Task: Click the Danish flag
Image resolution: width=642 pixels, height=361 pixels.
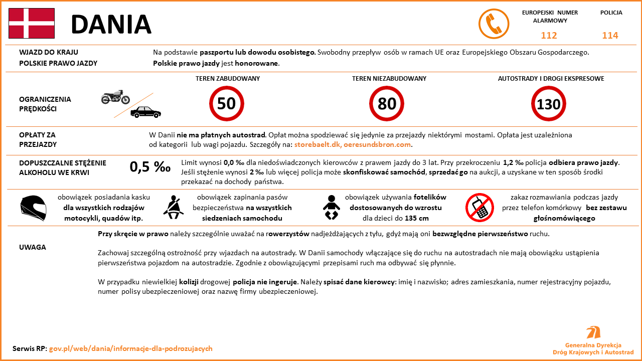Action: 31,23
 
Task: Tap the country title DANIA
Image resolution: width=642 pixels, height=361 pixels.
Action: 111,24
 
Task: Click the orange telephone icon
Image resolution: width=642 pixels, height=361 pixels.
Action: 494,24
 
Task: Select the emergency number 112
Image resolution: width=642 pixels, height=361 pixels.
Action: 549,36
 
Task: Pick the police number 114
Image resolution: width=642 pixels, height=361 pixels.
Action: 610,36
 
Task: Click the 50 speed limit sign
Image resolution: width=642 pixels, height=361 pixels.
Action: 226,104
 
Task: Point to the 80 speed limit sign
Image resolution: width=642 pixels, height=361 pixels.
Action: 387,104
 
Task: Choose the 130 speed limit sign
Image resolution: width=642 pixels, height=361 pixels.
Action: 548,104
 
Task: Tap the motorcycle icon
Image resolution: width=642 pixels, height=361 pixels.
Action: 115,97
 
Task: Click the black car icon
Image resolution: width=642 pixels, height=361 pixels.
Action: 145,112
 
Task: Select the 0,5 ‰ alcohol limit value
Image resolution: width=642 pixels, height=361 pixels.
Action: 150,167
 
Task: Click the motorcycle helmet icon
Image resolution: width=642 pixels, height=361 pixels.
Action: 33,208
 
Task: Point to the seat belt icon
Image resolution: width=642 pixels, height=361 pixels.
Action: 174,207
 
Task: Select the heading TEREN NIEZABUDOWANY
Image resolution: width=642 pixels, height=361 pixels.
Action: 389,79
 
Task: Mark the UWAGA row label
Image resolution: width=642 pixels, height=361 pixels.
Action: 33,247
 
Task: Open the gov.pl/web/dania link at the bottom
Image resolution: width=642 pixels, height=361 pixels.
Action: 130,348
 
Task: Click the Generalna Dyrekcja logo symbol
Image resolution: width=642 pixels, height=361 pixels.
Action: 593,332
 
